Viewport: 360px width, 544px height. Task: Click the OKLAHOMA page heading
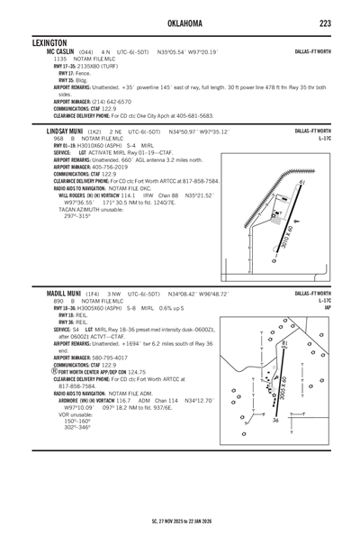coord(180,21)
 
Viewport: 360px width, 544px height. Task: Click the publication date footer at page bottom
coord(180,521)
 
